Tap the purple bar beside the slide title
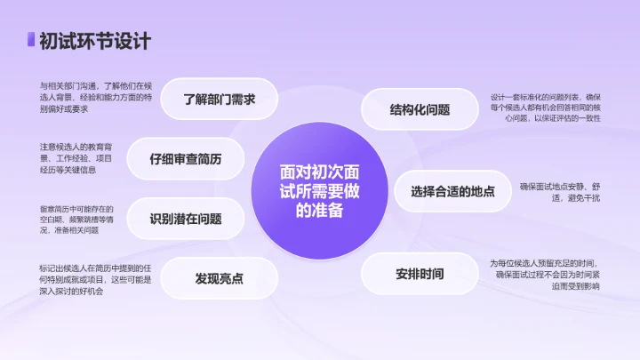[31, 41]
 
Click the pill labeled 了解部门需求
[219, 100]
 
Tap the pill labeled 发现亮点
[219, 278]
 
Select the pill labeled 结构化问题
[420, 110]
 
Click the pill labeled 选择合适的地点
[452, 191]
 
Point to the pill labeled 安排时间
[420, 273]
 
